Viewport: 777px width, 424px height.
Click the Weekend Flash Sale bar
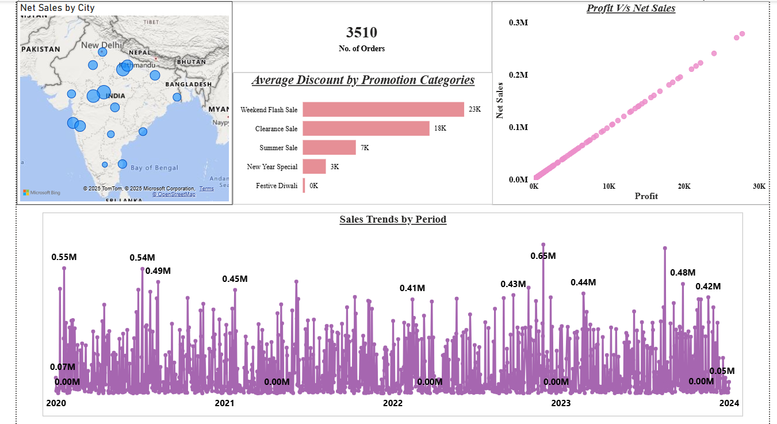point(383,109)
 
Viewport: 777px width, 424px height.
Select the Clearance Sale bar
point(366,128)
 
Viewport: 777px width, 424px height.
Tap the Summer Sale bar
point(329,148)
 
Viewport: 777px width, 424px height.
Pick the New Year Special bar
point(314,167)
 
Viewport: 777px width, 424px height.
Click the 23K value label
point(474,109)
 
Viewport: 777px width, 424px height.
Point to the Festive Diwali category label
point(277,186)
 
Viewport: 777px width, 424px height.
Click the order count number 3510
point(362,33)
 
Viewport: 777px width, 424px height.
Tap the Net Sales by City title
point(58,8)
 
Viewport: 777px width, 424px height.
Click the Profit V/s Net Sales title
point(631,8)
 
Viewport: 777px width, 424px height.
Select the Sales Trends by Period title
point(393,219)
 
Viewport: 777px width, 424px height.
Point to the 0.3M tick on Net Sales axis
point(518,22)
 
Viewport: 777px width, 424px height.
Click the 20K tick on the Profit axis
point(684,186)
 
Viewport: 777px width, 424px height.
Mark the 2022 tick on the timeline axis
point(393,403)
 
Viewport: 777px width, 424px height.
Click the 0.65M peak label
point(543,255)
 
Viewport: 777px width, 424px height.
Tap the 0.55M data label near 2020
point(64,257)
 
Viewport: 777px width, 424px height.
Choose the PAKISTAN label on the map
point(41,49)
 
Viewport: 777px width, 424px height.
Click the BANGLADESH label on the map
point(189,84)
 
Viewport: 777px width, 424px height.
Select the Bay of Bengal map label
point(154,168)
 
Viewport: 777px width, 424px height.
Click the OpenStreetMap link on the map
point(174,194)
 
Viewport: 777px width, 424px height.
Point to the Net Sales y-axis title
point(500,101)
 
